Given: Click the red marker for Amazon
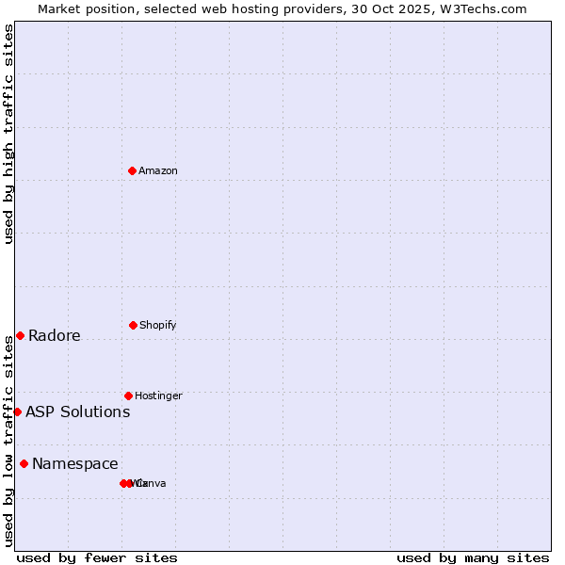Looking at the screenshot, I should (x=132, y=170).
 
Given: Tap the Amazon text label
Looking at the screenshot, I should (x=158, y=170).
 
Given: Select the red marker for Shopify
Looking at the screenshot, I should (x=133, y=325).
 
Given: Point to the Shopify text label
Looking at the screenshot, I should (x=158, y=325).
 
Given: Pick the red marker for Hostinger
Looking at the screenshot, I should (x=128, y=395).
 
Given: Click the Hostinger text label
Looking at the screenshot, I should (x=158, y=395).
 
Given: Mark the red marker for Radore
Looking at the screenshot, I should (x=20, y=335).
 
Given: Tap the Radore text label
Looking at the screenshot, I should (x=55, y=336).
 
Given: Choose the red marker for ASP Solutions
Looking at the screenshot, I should (x=17, y=412).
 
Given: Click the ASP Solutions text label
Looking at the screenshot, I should (x=78, y=412).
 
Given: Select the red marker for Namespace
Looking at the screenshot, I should (x=24, y=463).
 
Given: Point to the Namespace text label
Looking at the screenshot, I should (x=75, y=463).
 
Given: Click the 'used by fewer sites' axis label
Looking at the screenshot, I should (x=97, y=557).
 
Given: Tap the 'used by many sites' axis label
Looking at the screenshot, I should (x=473, y=557).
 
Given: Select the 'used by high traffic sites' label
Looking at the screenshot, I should (x=9, y=134).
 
